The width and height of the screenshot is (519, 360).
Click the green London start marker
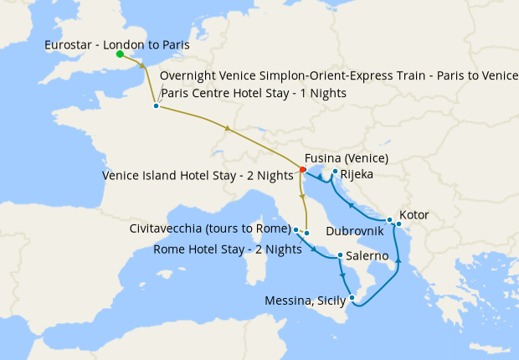(120, 54)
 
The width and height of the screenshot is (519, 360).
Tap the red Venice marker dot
(302, 170)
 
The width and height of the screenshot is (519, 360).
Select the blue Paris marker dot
(157, 105)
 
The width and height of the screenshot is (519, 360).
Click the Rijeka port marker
(335, 172)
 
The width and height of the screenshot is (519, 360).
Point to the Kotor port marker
(399, 224)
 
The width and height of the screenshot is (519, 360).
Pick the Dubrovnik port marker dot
(389, 219)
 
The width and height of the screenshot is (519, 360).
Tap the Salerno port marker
(339, 255)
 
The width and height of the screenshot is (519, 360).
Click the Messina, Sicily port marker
(353, 298)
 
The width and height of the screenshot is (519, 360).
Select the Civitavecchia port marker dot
(296, 229)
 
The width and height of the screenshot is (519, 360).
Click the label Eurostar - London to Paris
(116, 44)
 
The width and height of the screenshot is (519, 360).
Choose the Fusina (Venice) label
(346, 158)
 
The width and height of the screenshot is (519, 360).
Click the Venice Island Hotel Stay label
(199, 176)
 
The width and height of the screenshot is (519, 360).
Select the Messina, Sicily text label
(305, 301)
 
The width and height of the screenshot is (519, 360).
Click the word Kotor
(414, 215)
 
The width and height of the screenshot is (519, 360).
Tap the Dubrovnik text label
(355, 229)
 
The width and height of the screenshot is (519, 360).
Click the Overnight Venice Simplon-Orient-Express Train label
(338, 76)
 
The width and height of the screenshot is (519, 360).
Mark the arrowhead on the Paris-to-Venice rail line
(227, 127)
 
